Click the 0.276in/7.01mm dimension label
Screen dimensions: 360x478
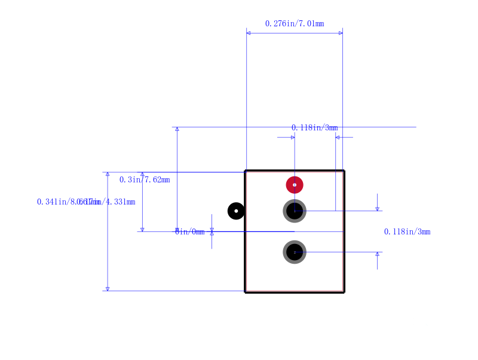[295, 24]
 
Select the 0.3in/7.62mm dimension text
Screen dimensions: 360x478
[145, 179]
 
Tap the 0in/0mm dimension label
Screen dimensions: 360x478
[189, 231]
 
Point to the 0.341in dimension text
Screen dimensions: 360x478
[57, 202]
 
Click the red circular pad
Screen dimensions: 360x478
[295, 185]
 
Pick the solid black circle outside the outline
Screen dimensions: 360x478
[236, 211]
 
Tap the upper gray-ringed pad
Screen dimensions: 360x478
[295, 210]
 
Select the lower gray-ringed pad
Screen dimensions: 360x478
[295, 252]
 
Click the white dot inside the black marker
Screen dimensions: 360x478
[236, 211]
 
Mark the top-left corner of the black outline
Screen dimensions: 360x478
[246, 171]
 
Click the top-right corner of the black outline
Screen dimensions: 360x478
[344, 171]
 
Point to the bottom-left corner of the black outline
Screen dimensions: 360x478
[246, 292]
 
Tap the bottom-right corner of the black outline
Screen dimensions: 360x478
[344, 292]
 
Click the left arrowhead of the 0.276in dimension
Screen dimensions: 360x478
[249, 33]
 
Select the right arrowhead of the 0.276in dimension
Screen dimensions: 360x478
[341, 33]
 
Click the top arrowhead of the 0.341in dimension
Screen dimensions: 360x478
[108, 174]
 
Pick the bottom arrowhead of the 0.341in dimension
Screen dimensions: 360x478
[108, 289]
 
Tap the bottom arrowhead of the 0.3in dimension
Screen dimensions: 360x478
[142, 229]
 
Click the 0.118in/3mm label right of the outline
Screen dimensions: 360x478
[407, 231]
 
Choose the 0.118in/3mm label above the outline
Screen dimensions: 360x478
[314, 127]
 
